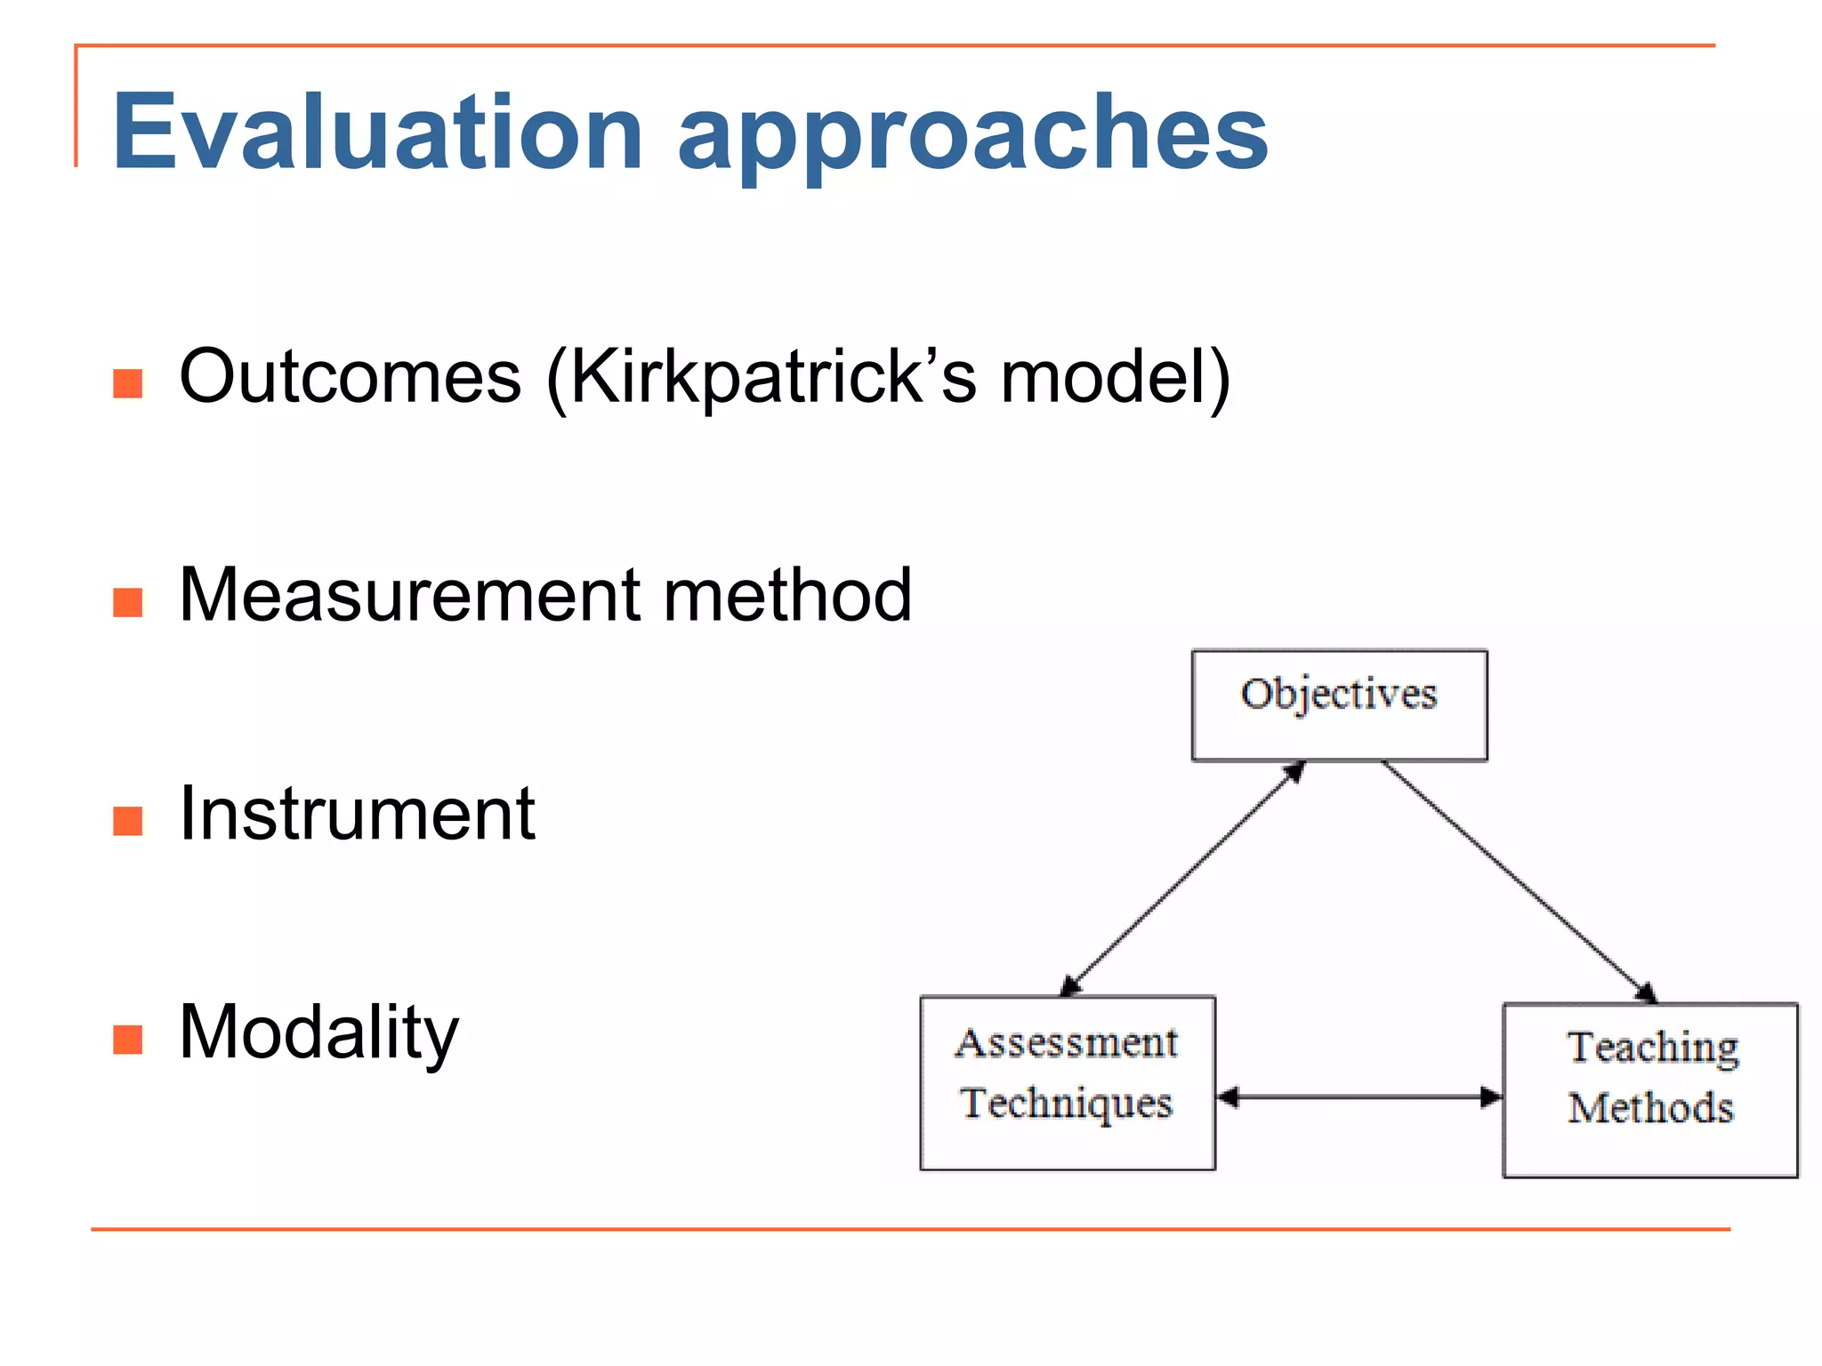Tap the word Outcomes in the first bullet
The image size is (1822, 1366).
pyautogui.click(x=350, y=377)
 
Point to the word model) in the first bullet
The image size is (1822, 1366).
pyautogui.click(x=1116, y=377)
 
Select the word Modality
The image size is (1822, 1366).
pyautogui.click(x=318, y=1033)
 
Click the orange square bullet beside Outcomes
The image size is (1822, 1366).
pyautogui.click(x=128, y=383)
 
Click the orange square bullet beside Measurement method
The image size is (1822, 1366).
pyautogui.click(x=128, y=602)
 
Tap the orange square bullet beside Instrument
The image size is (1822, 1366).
pyautogui.click(x=128, y=821)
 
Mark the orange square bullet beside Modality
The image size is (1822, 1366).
pyautogui.click(x=128, y=1039)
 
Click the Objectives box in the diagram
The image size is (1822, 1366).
pyautogui.click(x=1339, y=705)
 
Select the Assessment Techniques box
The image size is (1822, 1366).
pyautogui.click(x=1067, y=1082)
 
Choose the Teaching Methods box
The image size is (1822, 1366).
pyautogui.click(x=1650, y=1089)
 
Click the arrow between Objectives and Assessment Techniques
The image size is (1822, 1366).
pyautogui.click(x=1183, y=878)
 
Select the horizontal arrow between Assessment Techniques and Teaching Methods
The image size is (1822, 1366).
pyautogui.click(x=1358, y=1097)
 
